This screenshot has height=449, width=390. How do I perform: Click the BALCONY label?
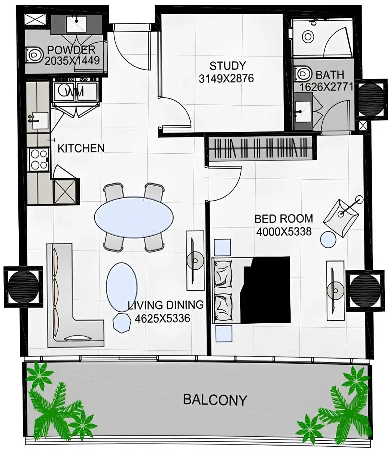tap(215, 400)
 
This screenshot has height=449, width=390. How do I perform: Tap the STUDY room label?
tap(227, 66)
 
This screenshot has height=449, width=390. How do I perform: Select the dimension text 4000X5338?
tap(284, 232)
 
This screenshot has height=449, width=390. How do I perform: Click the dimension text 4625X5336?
tap(162, 318)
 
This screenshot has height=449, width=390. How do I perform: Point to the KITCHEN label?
tap(81, 148)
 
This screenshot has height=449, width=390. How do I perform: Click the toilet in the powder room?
tap(34, 55)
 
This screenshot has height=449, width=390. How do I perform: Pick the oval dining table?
tap(134, 217)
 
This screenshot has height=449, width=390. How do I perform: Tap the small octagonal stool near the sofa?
tap(122, 323)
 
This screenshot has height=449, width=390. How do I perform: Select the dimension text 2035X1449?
tap(72, 61)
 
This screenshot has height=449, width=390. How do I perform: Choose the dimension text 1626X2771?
tap(326, 87)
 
